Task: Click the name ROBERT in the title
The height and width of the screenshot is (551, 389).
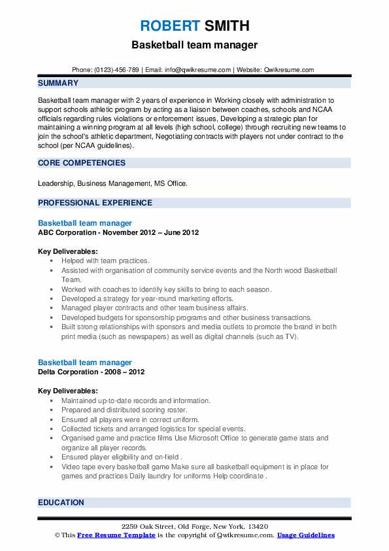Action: (167, 26)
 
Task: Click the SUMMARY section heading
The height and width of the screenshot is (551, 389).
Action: (58, 83)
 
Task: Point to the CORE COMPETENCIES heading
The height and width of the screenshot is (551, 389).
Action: (82, 162)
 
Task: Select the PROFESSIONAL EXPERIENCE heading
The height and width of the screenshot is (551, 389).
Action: (95, 203)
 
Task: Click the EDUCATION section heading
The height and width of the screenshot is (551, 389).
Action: (61, 503)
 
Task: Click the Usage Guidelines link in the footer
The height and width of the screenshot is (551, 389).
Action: (305, 535)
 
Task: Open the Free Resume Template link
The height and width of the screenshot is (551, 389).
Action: (107, 535)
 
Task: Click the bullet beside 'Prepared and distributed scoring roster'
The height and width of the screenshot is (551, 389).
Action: (51, 410)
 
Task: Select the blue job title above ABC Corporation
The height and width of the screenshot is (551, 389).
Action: (85, 223)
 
